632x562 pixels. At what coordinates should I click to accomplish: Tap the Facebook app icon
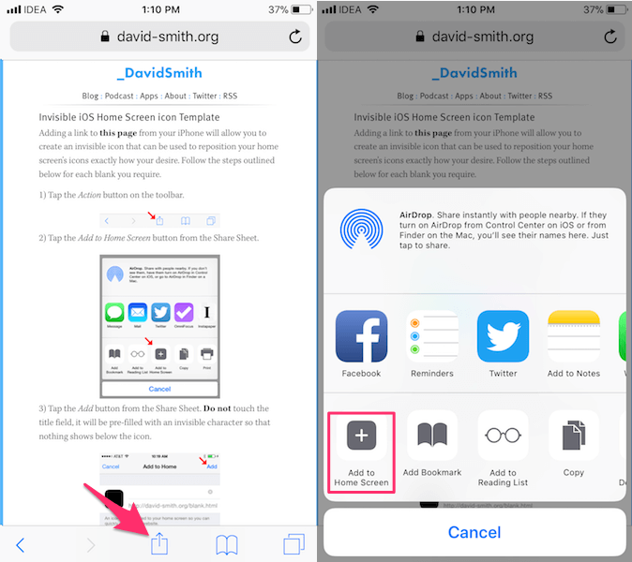click(361, 336)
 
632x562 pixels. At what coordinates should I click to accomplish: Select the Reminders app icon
click(431, 336)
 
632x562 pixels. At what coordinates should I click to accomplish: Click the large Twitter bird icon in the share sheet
click(503, 336)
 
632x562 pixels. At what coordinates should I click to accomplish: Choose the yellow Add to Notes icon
click(574, 336)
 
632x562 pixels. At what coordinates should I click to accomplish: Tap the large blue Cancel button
click(474, 532)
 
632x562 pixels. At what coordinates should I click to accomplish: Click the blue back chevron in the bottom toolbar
click(21, 544)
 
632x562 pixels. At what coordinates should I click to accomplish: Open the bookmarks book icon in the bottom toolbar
click(226, 544)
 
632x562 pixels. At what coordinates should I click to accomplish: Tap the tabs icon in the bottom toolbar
click(294, 543)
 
